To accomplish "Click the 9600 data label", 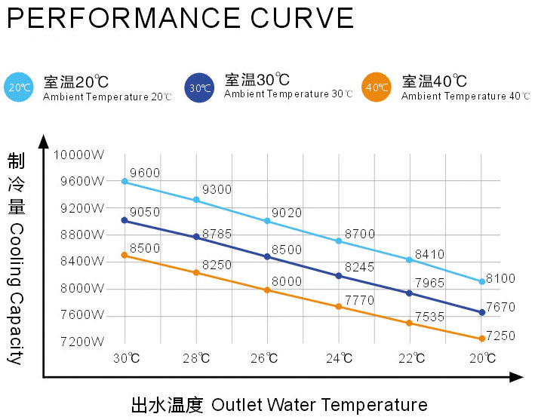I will pyautogui.click(x=144, y=173).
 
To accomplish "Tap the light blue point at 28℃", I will pyautogui.click(x=196, y=200).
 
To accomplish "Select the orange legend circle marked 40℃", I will pyautogui.click(x=377, y=87).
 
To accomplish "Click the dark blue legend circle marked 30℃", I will pyautogui.click(x=199, y=87).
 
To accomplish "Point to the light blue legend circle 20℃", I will pyautogui.click(x=19, y=87).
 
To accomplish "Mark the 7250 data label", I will pyautogui.click(x=500, y=334).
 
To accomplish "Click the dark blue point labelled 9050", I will pyautogui.click(x=125, y=220).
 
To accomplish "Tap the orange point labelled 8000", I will pyautogui.click(x=267, y=290).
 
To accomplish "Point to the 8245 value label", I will pyautogui.click(x=358, y=267).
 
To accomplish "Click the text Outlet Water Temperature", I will pyautogui.click(x=319, y=405).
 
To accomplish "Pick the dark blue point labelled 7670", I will pyautogui.click(x=481, y=312).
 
